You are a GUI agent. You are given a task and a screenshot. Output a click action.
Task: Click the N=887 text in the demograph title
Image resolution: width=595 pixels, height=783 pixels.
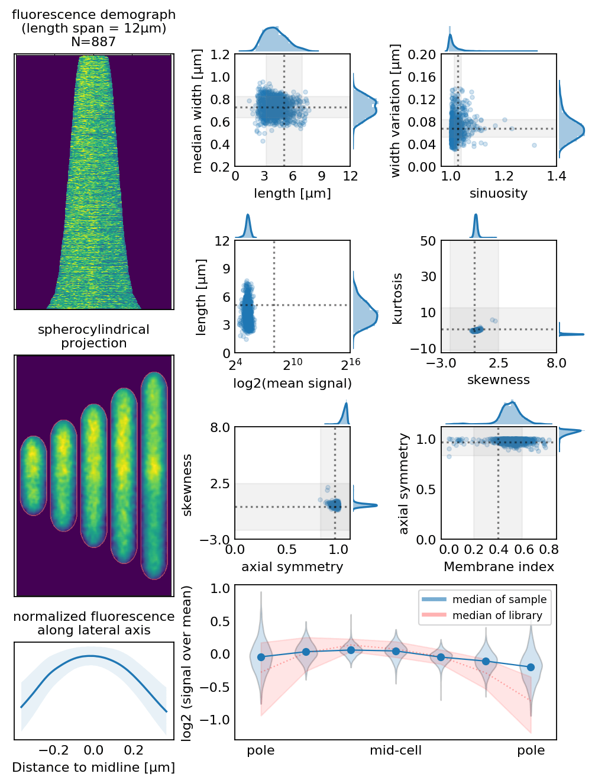[93, 42]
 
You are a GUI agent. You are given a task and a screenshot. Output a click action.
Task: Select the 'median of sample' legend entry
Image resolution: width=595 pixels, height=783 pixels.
[499, 600]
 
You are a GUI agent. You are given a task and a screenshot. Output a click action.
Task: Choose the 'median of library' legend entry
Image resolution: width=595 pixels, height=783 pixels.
[497, 616]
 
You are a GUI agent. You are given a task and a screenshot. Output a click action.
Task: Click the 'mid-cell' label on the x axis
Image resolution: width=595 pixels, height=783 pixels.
[396, 750]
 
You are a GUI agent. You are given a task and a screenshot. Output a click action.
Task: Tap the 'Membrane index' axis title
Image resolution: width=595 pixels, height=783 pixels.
[499, 567]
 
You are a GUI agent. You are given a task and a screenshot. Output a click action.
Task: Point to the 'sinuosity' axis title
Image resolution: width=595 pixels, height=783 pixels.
[499, 194]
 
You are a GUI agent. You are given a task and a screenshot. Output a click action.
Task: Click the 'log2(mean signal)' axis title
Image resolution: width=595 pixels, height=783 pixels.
[292, 384]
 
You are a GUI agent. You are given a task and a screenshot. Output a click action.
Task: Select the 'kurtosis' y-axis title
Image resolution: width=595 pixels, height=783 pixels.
[397, 298]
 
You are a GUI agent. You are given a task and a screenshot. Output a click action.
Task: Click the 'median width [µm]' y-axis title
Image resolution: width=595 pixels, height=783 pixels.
[198, 111]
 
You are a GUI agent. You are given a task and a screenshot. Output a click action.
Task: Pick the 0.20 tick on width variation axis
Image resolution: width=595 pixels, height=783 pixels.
[422, 54]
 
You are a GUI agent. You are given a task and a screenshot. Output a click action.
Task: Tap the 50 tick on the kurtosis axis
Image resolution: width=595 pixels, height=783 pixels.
[428, 241]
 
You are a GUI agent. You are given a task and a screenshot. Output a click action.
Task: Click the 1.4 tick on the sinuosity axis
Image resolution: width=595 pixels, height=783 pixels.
[556, 176]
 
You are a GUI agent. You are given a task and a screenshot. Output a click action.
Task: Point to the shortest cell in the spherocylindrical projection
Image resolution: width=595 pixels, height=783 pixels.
[33, 475]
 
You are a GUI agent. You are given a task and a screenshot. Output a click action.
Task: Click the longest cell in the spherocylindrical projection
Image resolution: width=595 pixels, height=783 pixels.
[154, 476]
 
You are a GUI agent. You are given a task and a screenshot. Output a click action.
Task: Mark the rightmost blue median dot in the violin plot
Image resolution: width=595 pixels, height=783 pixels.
[531, 667]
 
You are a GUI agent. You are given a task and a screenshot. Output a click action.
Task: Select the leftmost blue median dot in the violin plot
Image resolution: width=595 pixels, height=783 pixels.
[261, 657]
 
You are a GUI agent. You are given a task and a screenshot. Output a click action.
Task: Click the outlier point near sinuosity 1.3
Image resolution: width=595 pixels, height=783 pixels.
[534, 145]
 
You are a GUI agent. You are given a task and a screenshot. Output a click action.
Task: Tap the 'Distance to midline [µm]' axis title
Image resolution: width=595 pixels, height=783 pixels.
[93, 768]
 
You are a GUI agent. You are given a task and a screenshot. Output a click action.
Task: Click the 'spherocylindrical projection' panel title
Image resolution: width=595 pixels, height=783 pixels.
[93, 336]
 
